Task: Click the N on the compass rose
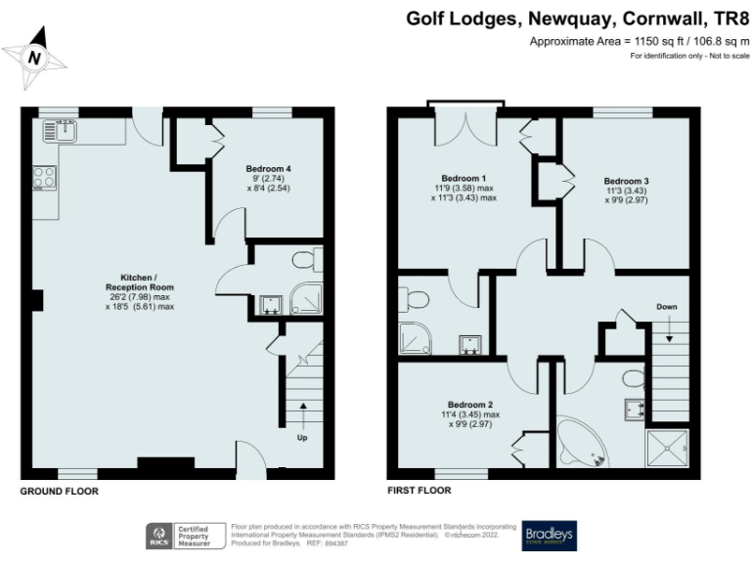(35, 58)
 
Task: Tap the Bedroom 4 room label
(268, 168)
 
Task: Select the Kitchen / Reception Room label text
(140, 282)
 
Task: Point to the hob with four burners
(45, 177)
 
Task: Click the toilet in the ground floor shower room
(305, 260)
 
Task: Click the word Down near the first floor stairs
(667, 307)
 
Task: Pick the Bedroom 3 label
(626, 181)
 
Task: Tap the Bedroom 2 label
(469, 405)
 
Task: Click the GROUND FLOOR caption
(60, 491)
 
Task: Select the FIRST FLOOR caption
(421, 491)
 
